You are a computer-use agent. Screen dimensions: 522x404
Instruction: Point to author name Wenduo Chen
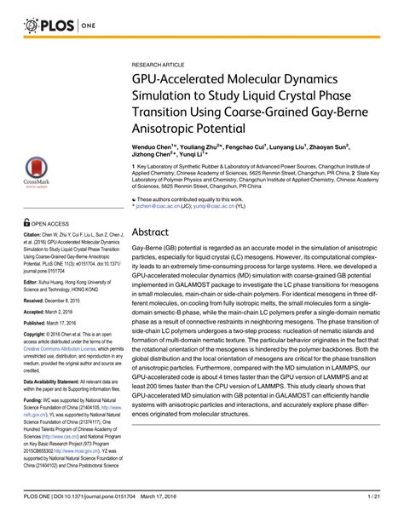(x=153, y=147)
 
